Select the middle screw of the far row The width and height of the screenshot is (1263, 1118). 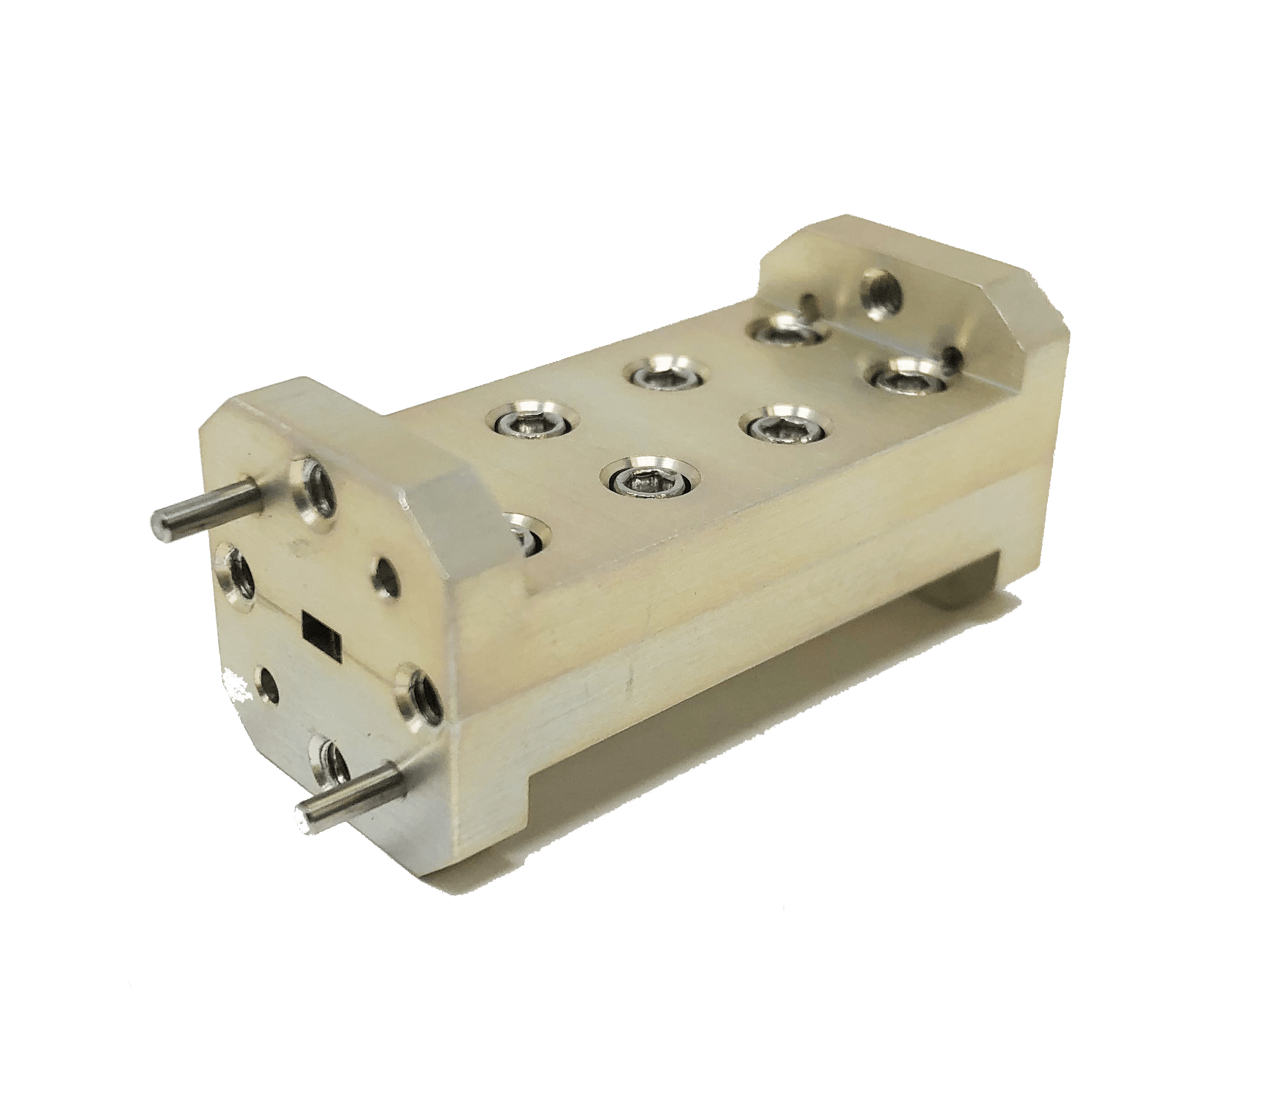[x=665, y=377]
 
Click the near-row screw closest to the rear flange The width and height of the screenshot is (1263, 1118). [x=905, y=381]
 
